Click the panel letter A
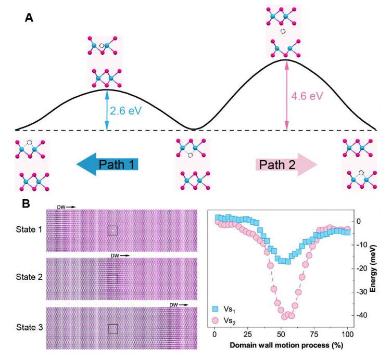point(29,18)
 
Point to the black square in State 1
point(112,230)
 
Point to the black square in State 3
point(112,328)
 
